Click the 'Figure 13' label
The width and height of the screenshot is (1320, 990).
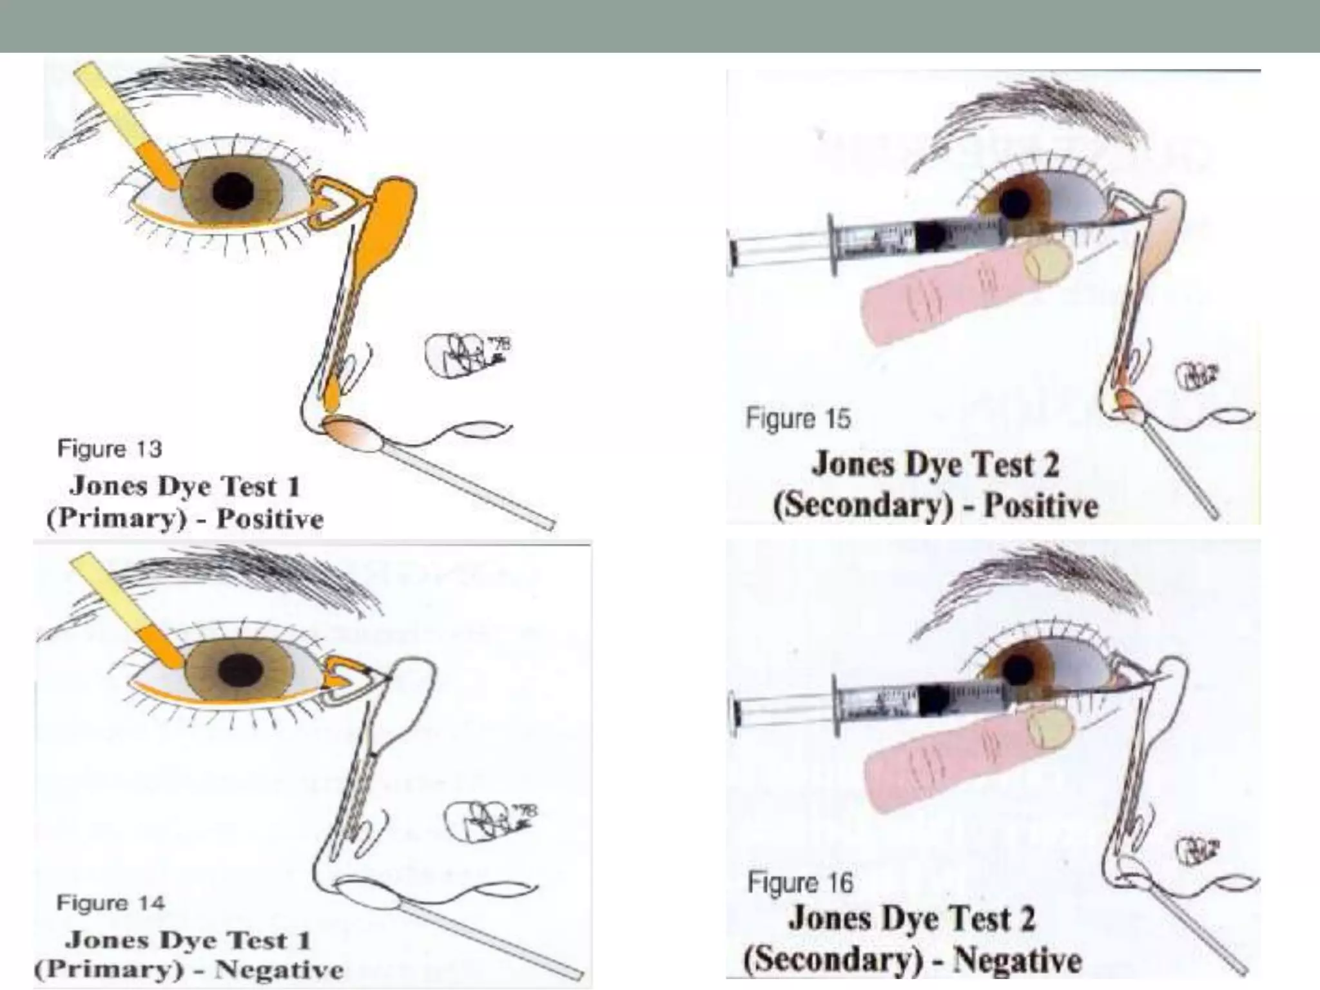[110, 449]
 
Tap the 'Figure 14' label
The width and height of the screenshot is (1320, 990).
[110, 902]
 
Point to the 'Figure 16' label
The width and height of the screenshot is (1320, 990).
[800, 882]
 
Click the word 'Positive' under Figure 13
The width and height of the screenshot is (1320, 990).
[269, 519]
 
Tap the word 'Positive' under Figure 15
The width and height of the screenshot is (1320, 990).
[1041, 505]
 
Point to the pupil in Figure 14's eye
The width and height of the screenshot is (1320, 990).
[238, 670]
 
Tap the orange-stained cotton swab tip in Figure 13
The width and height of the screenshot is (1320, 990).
[353, 432]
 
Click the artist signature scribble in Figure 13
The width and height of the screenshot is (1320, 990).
[465, 354]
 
